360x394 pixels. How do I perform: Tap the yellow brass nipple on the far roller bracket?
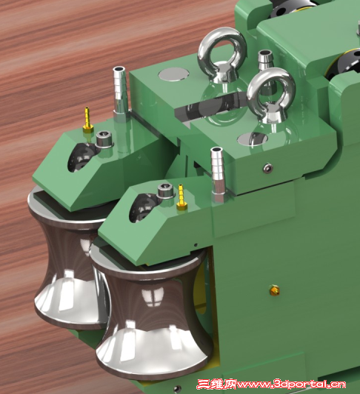click(87, 119)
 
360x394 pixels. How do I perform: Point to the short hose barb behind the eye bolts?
click(264, 60)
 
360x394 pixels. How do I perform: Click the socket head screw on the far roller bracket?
click(104, 139)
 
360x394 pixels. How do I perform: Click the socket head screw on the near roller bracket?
click(166, 191)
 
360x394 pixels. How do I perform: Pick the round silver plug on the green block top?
click(174, 74)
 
